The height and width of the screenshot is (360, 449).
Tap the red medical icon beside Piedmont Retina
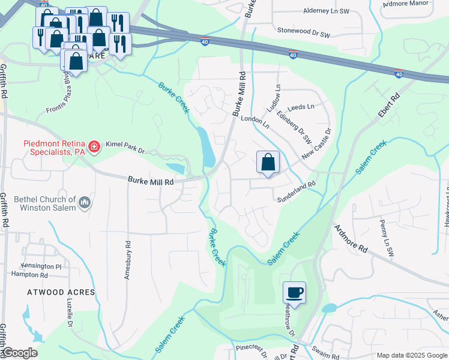coord(93,146)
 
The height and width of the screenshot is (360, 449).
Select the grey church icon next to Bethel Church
coord(85,203)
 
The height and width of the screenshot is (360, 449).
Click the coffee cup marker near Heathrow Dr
coord(294,293)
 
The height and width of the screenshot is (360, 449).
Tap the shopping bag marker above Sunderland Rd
coord(268,162)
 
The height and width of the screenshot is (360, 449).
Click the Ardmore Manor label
coord(407,3)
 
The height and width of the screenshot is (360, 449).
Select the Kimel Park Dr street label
coord(125,145)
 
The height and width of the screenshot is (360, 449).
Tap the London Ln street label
coord(255,122)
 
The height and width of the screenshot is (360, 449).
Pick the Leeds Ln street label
coord(301,107)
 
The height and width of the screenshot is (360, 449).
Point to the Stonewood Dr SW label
coord(304,32)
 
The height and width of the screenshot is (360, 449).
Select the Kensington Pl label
coord(41,266)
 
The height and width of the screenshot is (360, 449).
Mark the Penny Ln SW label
coord(385,231)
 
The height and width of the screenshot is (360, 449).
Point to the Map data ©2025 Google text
coord(411,355)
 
